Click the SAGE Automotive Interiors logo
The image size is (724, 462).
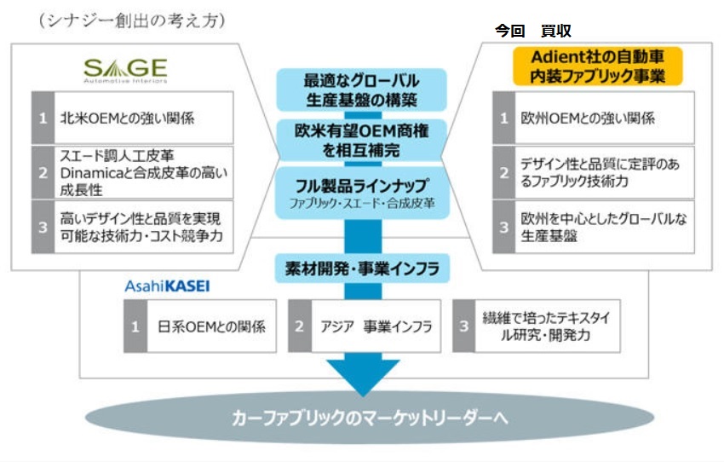pos(125,71)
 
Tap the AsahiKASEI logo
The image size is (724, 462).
pos(167,286)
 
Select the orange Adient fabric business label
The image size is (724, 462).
pos(597,66)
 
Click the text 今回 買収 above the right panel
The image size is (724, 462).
pos(533,31)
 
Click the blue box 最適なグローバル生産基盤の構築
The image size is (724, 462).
pos(361,90)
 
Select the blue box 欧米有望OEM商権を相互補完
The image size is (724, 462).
pos(361,141)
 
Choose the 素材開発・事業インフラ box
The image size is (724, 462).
pos(363,269)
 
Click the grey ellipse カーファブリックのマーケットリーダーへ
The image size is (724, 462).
pos(370,418)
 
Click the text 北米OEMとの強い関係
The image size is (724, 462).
pos(127,118)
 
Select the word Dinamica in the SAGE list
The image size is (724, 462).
pos(90,173)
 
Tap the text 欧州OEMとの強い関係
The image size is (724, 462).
pos(588,118)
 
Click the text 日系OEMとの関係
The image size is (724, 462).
pos(211,326)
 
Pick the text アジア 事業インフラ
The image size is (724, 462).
pos(376,326)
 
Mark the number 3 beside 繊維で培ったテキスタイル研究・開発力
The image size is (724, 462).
pos(464,326)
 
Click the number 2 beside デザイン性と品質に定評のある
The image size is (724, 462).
pos(503,173)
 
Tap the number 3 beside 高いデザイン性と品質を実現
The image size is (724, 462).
pos(43,227)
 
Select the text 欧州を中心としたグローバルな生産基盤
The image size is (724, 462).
pos(604,227)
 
